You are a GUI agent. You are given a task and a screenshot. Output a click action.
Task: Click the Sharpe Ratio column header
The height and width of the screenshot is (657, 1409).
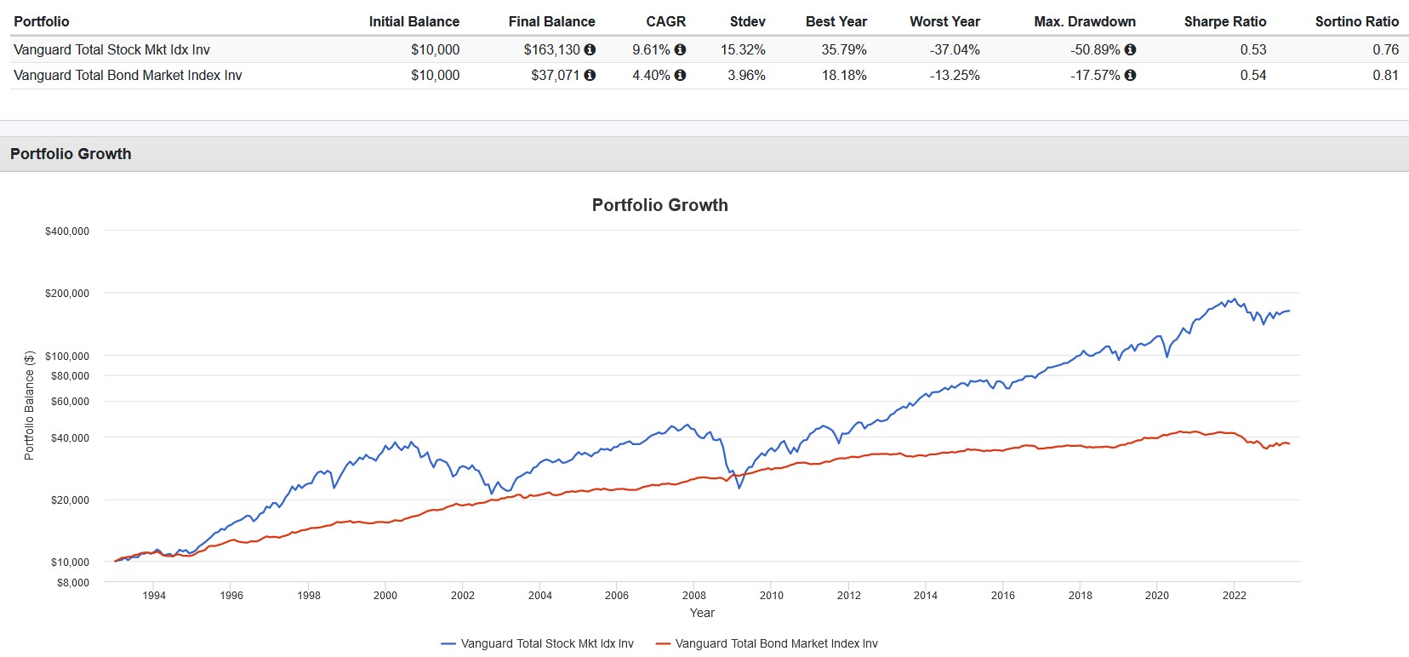[x=1224, y=21]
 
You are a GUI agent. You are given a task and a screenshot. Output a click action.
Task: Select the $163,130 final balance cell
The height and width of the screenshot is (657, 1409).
[x=551, y=49]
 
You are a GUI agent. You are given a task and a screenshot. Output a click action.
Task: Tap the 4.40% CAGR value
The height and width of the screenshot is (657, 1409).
[x=651, y=75]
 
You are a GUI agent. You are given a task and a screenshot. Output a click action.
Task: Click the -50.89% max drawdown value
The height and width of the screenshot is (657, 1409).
[x=1095, y=49]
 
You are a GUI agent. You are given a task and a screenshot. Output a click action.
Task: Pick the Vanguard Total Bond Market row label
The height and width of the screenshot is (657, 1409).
[x=128, y=75]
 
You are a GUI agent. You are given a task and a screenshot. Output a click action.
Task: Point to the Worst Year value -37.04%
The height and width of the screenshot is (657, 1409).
[x=955, y=49]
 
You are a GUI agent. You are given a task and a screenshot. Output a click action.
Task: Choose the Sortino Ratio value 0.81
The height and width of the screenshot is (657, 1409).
[x=1385, y=75]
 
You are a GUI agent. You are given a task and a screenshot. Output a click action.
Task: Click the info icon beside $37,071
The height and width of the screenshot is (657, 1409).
[x=590, y=75]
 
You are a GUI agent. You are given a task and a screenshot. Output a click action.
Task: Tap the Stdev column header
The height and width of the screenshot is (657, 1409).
[x=747, y=21]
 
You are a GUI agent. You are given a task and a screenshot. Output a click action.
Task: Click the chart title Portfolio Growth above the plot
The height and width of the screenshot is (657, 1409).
[x=659, y=205]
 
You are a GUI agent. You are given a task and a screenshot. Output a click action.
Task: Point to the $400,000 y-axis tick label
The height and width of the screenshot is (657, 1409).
[x=67, y=231]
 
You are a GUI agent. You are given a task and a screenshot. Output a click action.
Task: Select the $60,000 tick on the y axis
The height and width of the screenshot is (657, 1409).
[x=70, y=402]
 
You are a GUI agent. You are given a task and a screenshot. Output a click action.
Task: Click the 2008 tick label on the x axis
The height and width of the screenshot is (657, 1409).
[x=693, y=596]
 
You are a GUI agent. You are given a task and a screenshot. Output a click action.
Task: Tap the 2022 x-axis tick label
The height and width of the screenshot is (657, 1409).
[x=1234, y=596]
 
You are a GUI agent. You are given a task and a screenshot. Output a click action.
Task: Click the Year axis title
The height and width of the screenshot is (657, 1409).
[x=702, y=613]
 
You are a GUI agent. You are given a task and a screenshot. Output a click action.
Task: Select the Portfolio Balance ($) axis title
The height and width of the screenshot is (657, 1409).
[x=29, y=405]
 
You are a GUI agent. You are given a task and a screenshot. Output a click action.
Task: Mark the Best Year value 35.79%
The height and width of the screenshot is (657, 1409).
[x=843, y=49]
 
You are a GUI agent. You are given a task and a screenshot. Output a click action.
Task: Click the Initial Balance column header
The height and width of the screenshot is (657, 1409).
[x=414, y=21]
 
